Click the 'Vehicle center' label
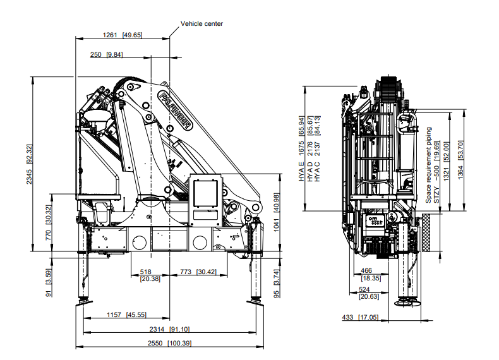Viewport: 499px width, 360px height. click(x=201, y=23)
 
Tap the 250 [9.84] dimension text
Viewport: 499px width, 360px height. click(x=106, y=55)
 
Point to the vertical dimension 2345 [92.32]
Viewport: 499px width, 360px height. click(x=29, y=164)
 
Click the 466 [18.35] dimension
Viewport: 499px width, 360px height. click(x=367, y=274)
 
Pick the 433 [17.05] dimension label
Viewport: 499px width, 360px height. click(x=361, y=317)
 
